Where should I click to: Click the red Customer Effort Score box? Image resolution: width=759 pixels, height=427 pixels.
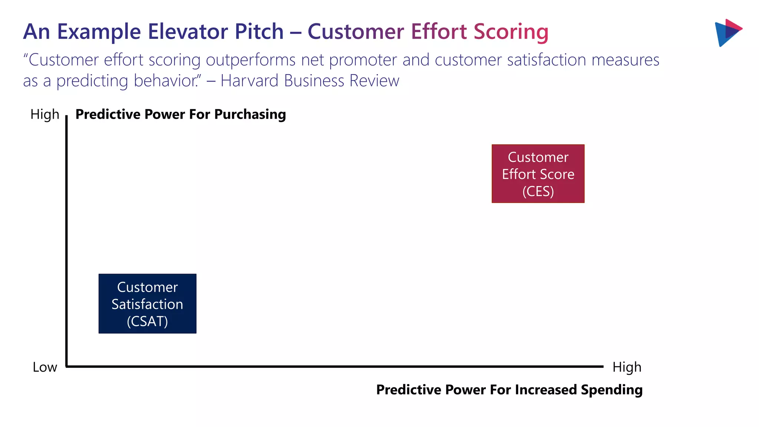tap(538, 173)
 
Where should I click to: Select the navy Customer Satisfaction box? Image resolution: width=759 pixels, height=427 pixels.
tap(147, 303)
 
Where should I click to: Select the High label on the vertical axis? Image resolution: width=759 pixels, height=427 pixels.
tap(45, 114)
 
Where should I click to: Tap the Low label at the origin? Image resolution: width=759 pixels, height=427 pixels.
tap(45, 367)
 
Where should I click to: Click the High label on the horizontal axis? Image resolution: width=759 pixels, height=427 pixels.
tap(627, 367)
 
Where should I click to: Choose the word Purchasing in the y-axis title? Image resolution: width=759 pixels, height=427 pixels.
tap(250, 114)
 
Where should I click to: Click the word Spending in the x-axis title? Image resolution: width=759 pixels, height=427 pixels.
tap(611, 390)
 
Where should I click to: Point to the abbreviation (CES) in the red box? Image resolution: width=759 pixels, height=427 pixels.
tap(538, 191)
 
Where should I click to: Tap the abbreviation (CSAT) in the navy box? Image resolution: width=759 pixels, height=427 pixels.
tap(147, 321)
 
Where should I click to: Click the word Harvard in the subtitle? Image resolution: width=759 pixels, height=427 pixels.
tap(249, 80)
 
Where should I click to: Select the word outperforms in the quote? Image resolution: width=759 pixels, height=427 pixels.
tap(251, 60)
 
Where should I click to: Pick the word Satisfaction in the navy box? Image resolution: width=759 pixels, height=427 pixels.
tap(147, 304)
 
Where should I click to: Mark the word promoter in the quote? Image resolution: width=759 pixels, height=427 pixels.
tap(363, 60)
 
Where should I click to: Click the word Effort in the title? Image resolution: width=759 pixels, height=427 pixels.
tap(438, 32)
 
